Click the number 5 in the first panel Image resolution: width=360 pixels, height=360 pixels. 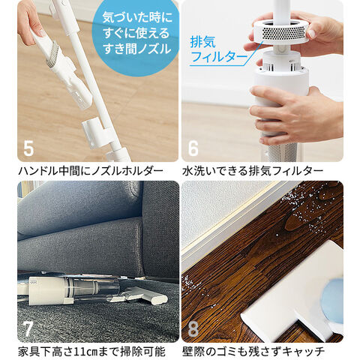pyautogui.click(x=28, y=148)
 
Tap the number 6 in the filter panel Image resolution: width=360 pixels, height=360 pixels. pyautogui.click(x=193, y=148)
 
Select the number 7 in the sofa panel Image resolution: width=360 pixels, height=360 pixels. pyautogui.click(x=28, y=329)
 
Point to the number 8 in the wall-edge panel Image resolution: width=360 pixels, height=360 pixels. pyautogui.click(x=193, y=329)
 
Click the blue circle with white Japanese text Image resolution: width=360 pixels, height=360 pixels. pyautogui.click(x=136, y=35)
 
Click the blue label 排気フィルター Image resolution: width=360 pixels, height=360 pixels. pyautogui.click(x=218, y=49)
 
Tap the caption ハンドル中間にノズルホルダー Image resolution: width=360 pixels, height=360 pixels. pyautogui.click(x=91, y=171)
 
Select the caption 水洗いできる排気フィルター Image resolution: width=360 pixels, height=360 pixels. pyautogui.click(x=253, y=171)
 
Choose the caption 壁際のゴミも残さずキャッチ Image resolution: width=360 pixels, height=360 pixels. pyautogui.click(x=253, y=352)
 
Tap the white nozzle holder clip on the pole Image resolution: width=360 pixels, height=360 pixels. pyautogui.click(x=94, y=132)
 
